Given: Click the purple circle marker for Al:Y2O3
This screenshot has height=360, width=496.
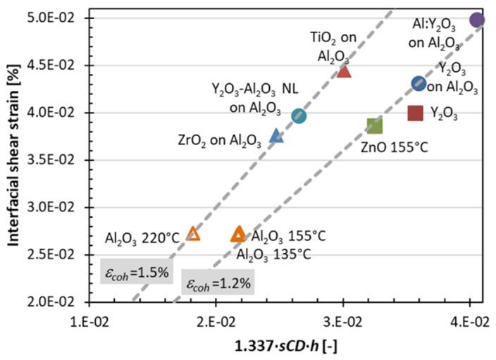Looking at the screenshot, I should pos(476,20).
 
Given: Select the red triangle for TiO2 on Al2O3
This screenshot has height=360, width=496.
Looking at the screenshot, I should pos(344,70).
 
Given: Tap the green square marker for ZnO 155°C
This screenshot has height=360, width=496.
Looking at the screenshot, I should pos(374,125).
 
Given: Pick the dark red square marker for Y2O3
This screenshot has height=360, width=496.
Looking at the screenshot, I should pos(416,113).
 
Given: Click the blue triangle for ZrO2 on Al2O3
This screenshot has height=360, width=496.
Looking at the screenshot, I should pos(277,136).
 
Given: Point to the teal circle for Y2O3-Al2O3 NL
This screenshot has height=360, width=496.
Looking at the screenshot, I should pos(299,116).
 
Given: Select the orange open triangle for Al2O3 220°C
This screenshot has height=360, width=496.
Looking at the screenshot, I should pos(193,234).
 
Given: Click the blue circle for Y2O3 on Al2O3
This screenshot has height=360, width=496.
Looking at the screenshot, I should pos(418,84).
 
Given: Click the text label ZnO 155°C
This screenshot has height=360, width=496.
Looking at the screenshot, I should pos(395,147).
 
